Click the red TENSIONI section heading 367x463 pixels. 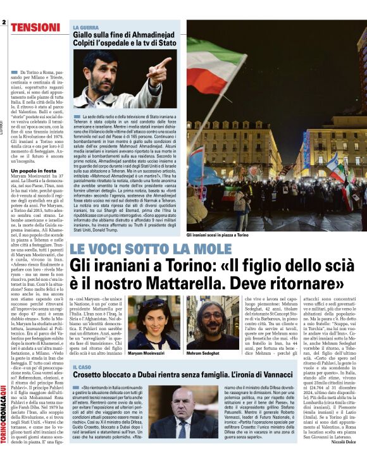(36, 27)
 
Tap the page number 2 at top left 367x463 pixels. (4, 23)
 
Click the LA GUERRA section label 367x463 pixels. (86, 28)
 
